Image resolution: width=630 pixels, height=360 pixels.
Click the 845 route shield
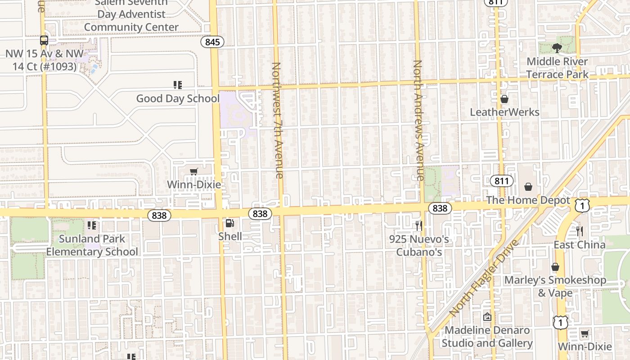(x=212, y=42)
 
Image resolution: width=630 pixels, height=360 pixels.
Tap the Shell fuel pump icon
(x=229, y=223)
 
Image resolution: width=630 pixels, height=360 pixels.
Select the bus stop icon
(x=44, y=40)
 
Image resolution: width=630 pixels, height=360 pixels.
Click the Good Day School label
(x=178, y=99)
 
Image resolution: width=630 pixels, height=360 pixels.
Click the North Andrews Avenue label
(x=418, y=120)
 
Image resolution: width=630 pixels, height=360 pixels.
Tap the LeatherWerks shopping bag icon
(x=504, y=99)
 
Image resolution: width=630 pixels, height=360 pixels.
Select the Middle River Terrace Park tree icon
(x=557, y=48)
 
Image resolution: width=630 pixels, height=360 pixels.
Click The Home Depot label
(x=528, y=201)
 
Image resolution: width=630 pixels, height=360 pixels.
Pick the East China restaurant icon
(x=580, y=231)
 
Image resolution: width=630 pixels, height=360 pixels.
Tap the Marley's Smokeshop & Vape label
(x=555, y=286)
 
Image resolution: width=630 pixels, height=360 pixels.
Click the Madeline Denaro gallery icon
(x=487, y=317)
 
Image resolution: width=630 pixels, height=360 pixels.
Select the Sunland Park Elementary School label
(x=92, y=245)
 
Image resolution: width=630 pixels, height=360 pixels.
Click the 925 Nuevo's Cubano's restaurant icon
(x=419, y=225)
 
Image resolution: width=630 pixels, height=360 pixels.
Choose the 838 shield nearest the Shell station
(x=260, y=214)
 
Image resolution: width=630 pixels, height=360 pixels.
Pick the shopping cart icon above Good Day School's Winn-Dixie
(x=193, y=171)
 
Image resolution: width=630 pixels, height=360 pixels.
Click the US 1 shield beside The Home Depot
(x=582, y=206)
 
